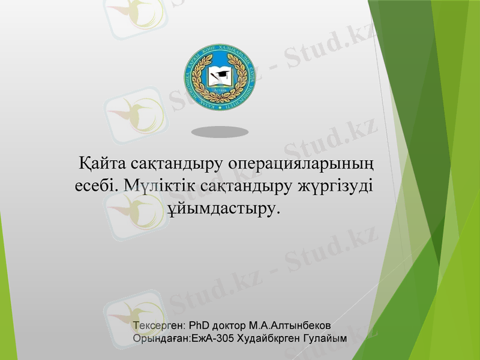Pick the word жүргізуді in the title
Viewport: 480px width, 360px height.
click(335, 185)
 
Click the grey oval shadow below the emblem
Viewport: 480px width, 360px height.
click(220, 131)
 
